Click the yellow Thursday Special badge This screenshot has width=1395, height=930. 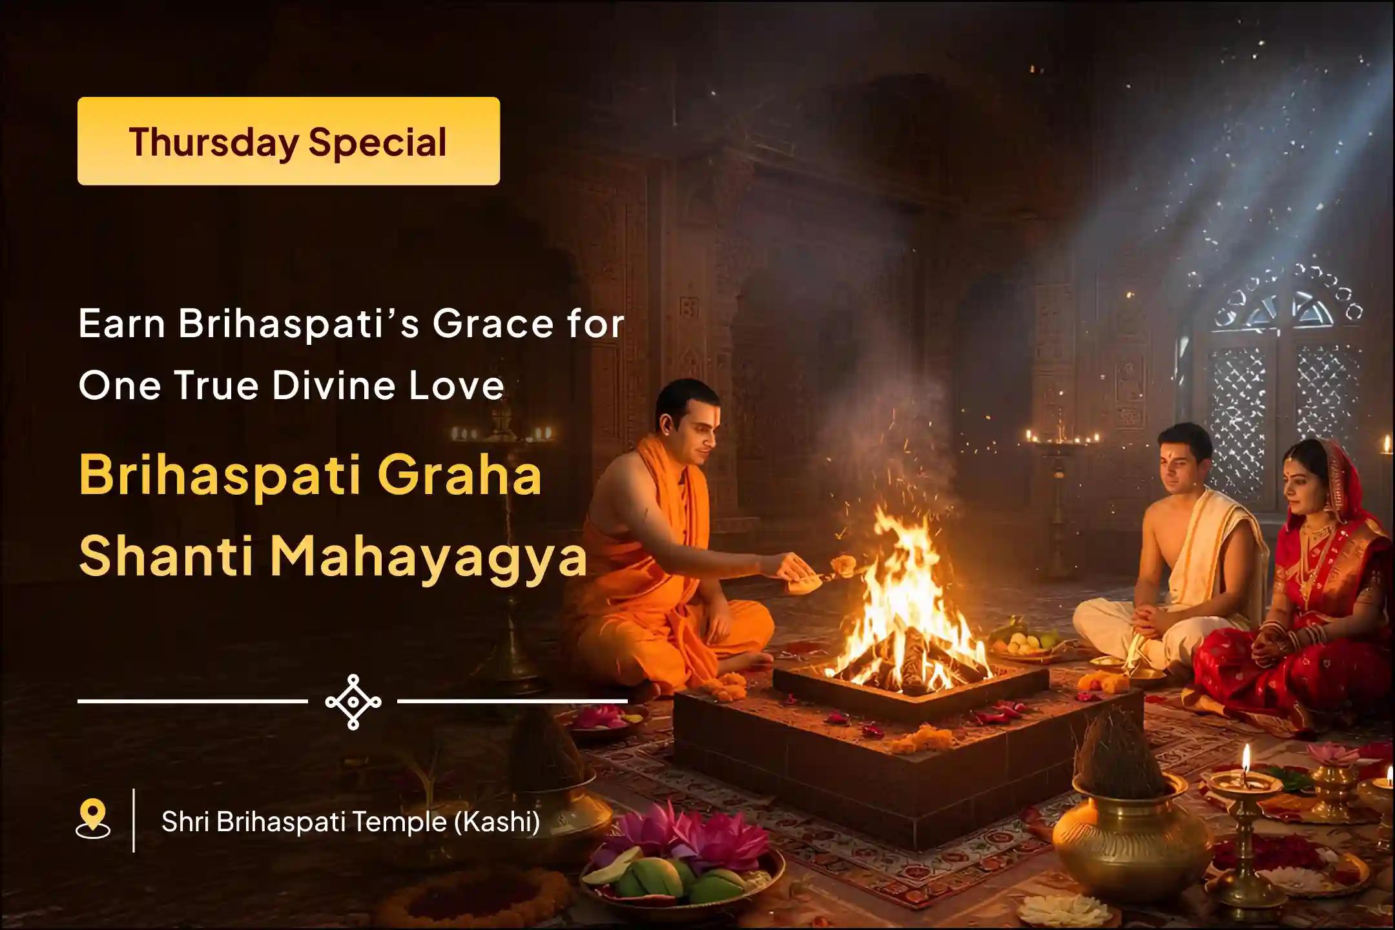click(289, 141)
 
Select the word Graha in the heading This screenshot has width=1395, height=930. click(460, 475)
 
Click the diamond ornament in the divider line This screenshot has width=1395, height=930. click(353, 702)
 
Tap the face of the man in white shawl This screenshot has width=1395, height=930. click(1179, 462)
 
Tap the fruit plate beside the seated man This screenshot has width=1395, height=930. click(1027, 643)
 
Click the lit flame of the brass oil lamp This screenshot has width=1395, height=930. click(1246, 759)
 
